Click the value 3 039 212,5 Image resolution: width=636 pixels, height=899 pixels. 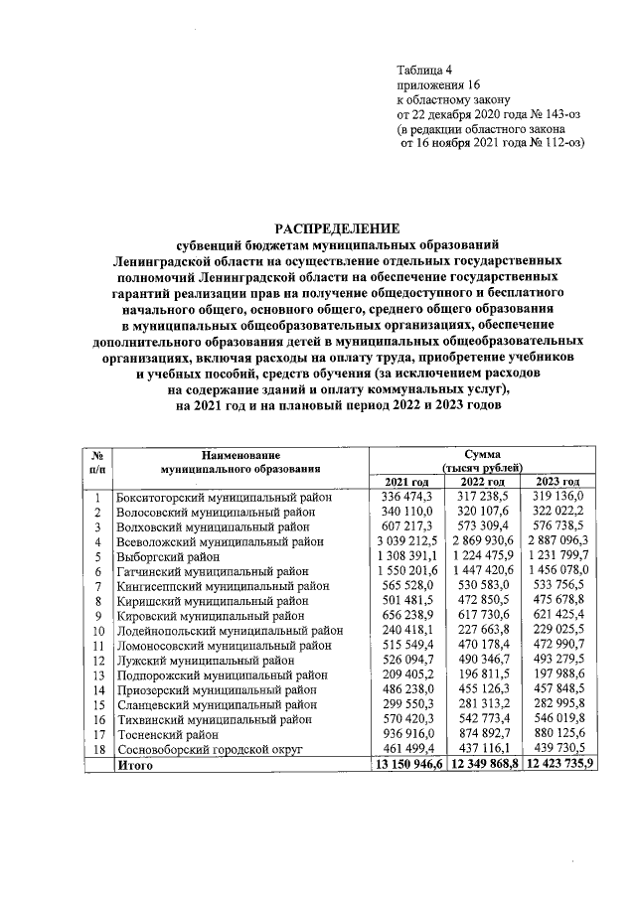406,543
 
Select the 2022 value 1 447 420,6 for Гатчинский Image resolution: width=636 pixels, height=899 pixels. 482,573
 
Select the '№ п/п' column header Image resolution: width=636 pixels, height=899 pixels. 98,459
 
